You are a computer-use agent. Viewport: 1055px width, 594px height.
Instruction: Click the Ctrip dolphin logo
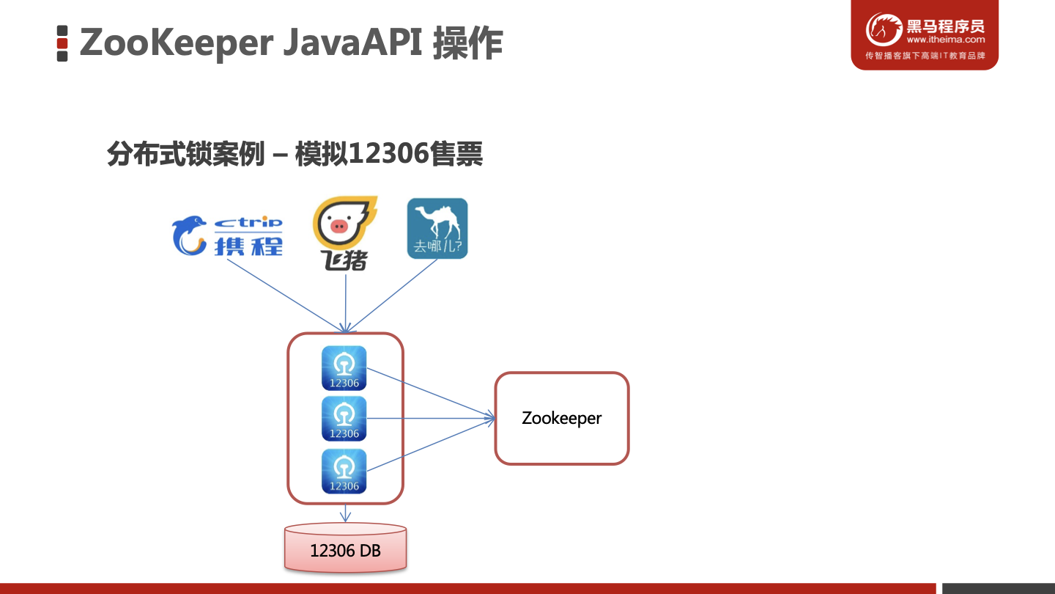(188, 235)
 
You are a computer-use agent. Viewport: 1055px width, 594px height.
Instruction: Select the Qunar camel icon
(437, 228)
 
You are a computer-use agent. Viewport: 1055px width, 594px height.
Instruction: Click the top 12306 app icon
(344, 367)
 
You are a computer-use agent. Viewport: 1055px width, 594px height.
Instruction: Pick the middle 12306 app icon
(344, 419)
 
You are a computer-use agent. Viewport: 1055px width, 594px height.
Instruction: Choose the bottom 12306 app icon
(344, 471)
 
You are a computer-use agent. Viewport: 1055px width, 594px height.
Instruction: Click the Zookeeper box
(562, 419)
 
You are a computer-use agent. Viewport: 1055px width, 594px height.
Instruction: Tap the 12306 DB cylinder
(345, 549)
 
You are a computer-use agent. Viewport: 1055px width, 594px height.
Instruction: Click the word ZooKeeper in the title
(175, 43)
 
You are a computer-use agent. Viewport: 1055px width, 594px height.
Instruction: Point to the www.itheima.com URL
(945, 40)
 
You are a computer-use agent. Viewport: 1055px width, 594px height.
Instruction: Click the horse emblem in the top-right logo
(884, 30)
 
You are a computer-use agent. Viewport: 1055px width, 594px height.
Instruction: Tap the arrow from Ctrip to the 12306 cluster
(286, 296)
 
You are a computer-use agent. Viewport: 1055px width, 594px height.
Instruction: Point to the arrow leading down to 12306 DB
(345, 513)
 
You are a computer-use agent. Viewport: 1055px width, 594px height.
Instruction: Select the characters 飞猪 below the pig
(346, 260)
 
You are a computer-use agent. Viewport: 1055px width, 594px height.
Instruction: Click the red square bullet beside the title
(62, 43)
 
